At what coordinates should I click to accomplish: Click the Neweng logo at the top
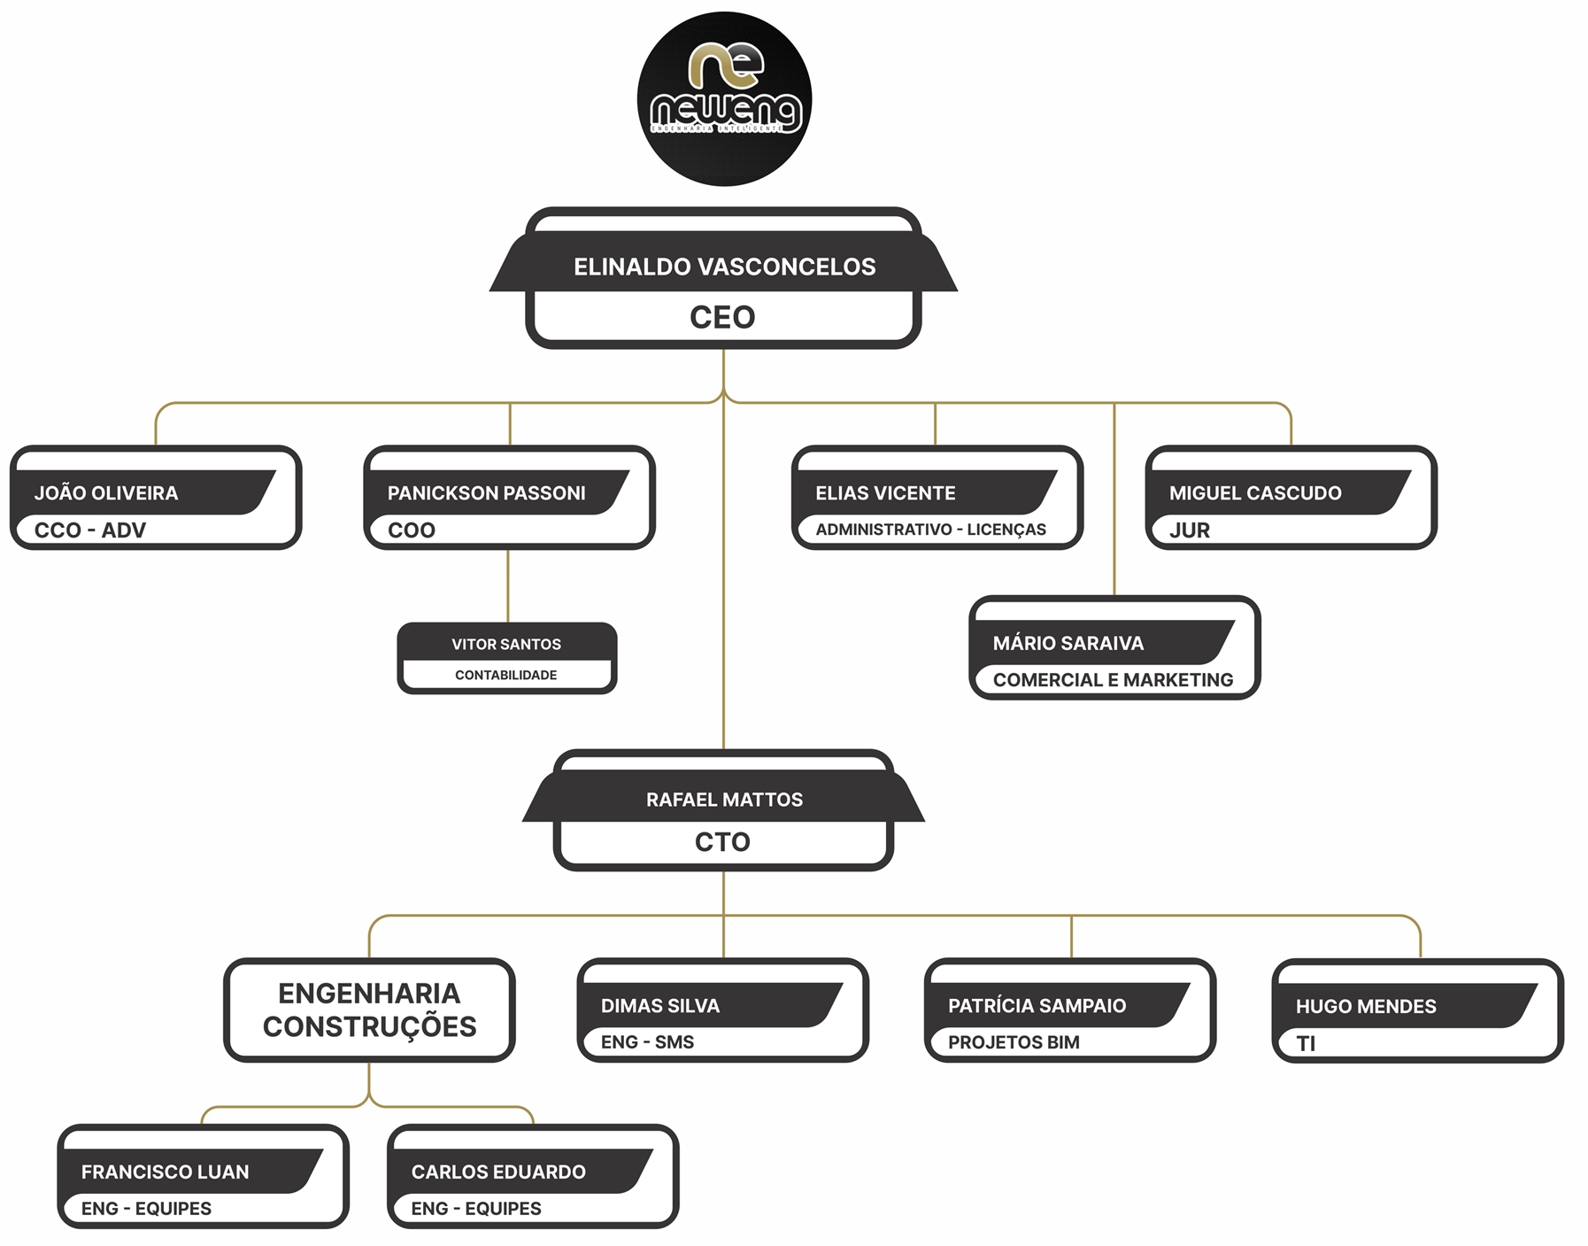[724, 98]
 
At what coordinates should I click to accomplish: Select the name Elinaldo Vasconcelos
[724, 267]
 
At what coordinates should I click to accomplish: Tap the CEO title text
[722, 317]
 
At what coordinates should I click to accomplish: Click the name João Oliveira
[106, 493]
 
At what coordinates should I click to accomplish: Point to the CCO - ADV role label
[89, 530]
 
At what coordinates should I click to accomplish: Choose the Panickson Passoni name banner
[486, 493]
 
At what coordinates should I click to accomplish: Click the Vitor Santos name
[506, 644]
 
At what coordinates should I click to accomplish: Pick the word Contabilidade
[506, 675]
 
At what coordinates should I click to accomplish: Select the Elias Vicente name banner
[885, 493]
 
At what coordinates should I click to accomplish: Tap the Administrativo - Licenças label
[930, 530]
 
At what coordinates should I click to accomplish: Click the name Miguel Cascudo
[1255, 493]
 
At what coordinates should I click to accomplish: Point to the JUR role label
[1189, 530]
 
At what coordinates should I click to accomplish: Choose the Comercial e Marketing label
[1113, 680]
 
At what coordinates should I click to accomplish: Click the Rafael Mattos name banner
[724, 800]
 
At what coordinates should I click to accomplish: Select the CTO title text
[722, 841]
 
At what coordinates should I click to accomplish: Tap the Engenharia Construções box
[369, 1010]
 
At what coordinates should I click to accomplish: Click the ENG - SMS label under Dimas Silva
[647, 1042]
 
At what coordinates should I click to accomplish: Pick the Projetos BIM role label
[1014, 1042]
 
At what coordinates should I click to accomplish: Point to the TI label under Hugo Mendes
[1306, 1043]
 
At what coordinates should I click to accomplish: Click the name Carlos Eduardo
[498, 1172]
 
